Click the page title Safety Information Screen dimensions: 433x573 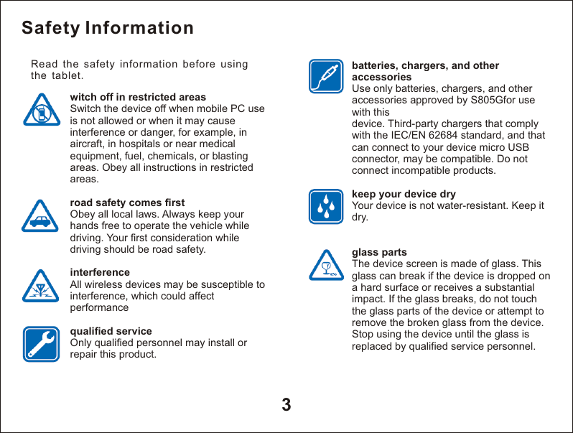point(108,28)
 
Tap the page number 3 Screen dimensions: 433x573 point(286,404)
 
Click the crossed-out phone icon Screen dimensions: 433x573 point(41,109)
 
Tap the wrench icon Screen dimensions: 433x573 point(41,343)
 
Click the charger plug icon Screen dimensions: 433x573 point(327,77)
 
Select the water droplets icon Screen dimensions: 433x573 point(327,207)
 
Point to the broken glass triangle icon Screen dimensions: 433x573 point(327,265)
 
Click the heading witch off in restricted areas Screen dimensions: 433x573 point(138,97)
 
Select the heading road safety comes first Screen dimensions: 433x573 point(127,202)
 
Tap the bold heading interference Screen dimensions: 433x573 point(100,272)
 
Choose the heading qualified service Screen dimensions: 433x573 point(111,331)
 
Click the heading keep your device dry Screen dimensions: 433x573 point(404,195)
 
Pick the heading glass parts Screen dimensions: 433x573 point(379,252)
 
